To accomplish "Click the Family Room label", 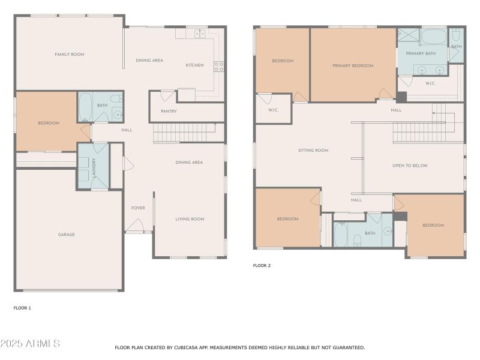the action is tap(70, 55).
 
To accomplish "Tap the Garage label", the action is tap(67, 235).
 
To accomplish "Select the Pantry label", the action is tap(169, 111).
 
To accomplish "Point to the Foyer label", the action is tap(138, 208).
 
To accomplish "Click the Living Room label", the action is tap(190, 219).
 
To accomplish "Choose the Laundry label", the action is tap(94, 168).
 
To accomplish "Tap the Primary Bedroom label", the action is tap(353, 65).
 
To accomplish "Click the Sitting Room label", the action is tap(313, 151).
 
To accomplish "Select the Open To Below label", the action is tap(410, 166).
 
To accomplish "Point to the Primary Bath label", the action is tap(421, 53).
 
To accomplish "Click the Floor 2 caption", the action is tap(262, 265).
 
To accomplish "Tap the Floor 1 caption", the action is tap(22, 308).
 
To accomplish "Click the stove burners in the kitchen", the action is tap(219, 67).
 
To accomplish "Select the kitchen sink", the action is tap(200, 33).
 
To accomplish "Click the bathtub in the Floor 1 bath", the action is tap(85, 107).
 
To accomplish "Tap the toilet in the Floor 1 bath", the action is tap(116, 98).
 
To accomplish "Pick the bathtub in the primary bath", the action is tap(434, 37).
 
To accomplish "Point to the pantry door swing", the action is tap(167, 96).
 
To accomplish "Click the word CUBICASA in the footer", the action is tap(187, 347).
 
